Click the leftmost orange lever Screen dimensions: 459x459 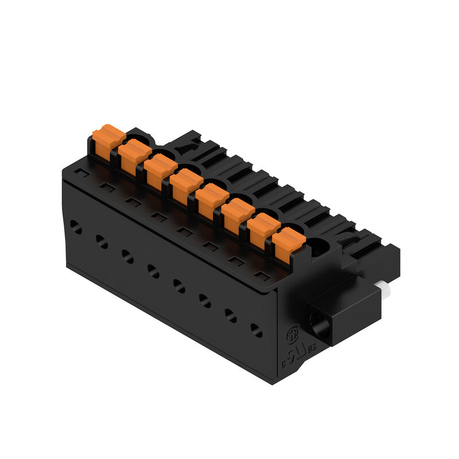[x=108, y=142]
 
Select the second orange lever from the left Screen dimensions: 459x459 [x=135, y=157]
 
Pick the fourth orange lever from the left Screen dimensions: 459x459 [x=185, y=185]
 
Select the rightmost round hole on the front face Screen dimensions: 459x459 [x=256, y=330]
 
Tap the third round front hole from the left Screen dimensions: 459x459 [x=127, y=256]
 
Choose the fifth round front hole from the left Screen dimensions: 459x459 [x=179, y=285]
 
